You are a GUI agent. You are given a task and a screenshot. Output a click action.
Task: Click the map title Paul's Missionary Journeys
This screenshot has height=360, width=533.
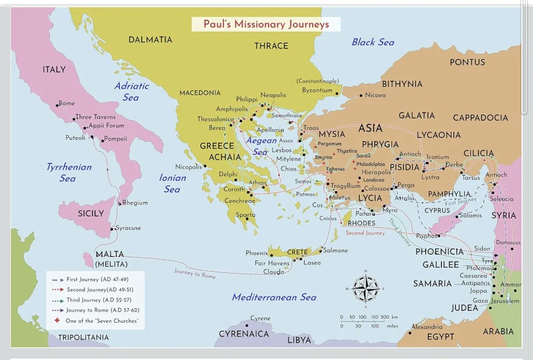pos(266,24)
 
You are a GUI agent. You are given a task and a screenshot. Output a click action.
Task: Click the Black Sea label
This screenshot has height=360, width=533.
pos(373,42)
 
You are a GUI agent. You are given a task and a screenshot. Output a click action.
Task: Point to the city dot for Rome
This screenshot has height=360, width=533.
pos(57,105)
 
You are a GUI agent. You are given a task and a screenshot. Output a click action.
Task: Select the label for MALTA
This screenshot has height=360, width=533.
pos(110,254)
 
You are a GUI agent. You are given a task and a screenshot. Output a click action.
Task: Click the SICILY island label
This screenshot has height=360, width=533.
pos(91,214)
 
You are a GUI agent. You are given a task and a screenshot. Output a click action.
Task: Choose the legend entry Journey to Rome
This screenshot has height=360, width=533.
pos(103,310)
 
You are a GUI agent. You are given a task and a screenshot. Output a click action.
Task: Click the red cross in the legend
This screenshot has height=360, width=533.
pos(56,321)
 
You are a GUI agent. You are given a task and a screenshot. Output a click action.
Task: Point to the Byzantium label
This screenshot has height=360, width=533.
pos(317,90)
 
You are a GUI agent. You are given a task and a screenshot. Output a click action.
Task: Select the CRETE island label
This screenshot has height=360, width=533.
pos(297,252)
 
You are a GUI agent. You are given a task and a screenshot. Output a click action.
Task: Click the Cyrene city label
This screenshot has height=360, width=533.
pos(260,318)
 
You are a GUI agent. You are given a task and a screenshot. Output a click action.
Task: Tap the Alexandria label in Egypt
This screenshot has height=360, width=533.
pos(427,326)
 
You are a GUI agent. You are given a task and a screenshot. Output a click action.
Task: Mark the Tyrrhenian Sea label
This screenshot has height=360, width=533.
pos(69,172)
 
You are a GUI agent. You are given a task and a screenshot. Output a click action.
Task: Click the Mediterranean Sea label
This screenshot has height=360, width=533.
pos(274,297)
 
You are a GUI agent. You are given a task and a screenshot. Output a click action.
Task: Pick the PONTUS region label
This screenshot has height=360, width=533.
pos(467,62)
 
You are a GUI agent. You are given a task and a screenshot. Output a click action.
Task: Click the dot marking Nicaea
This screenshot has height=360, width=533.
pos(361,95)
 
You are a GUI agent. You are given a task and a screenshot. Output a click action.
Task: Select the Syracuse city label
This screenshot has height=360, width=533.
pos(128,228)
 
